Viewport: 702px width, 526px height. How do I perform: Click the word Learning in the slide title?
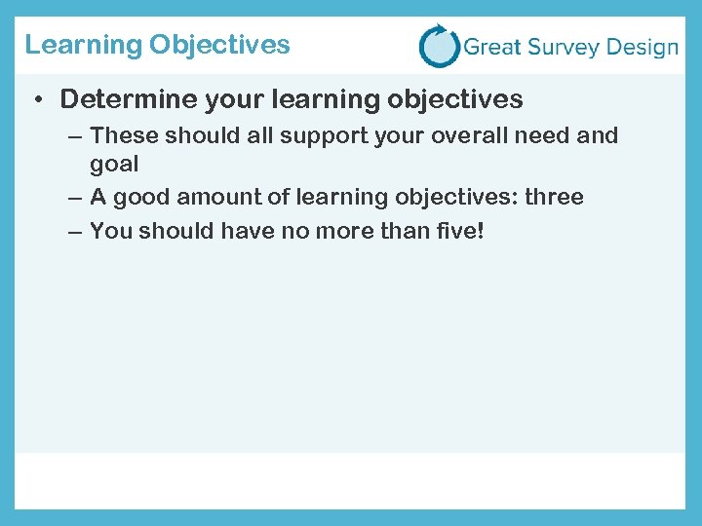pos(83,46)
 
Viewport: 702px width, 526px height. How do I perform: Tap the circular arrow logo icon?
pos(439,46)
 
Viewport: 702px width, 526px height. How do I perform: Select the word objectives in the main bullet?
pos(454,99)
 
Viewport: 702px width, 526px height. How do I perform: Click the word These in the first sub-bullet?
pos(118,135)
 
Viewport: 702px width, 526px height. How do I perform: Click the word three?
pos(554,197)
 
